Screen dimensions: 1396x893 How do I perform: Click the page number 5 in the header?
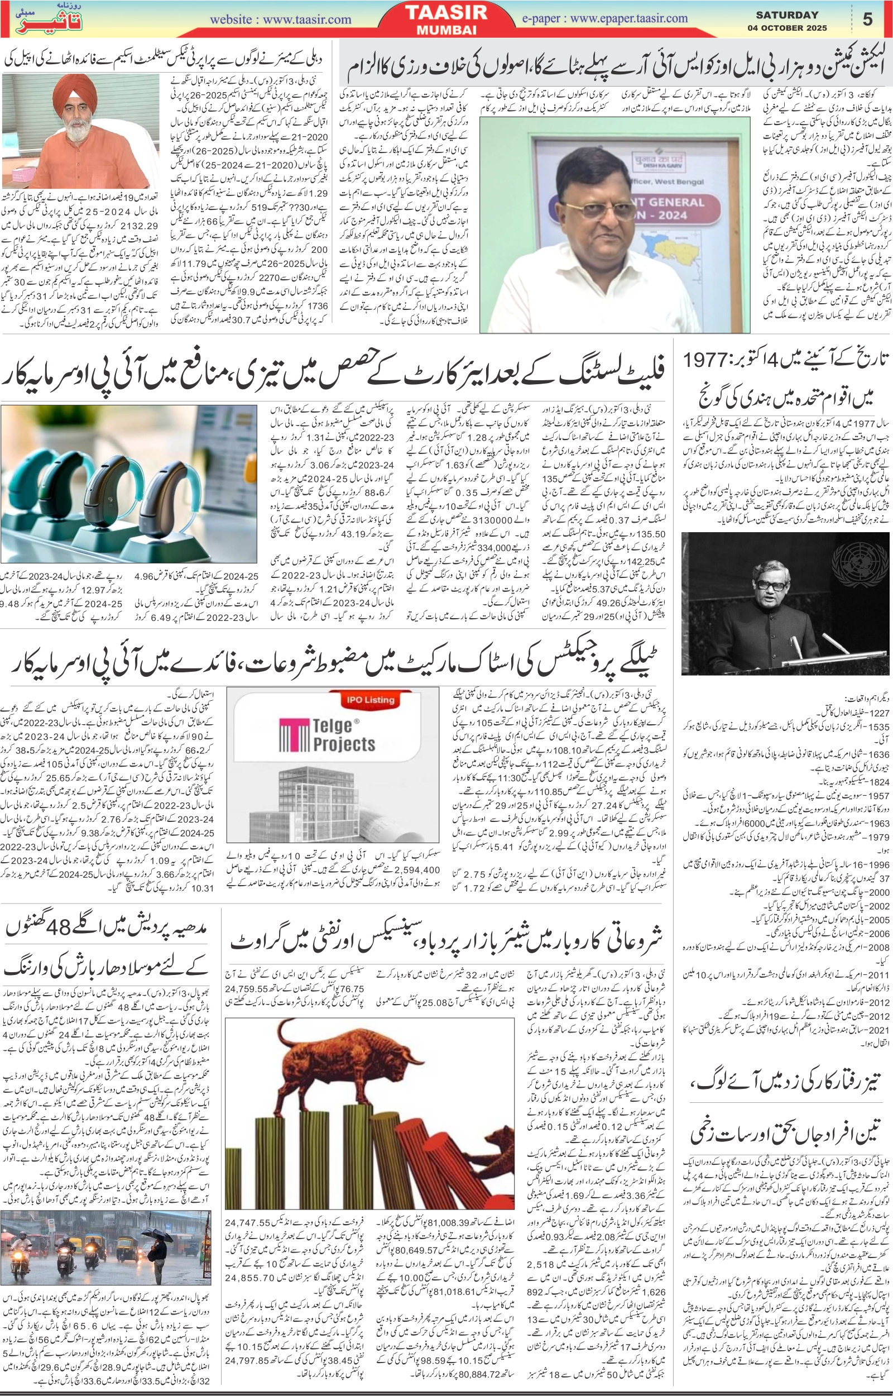[x=867, y=19]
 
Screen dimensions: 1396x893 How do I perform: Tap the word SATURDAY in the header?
[x=787, y=15]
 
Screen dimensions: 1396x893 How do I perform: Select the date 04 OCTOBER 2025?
[x=787, y=28]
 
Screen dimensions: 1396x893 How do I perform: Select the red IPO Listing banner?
[x=370, y=700]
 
